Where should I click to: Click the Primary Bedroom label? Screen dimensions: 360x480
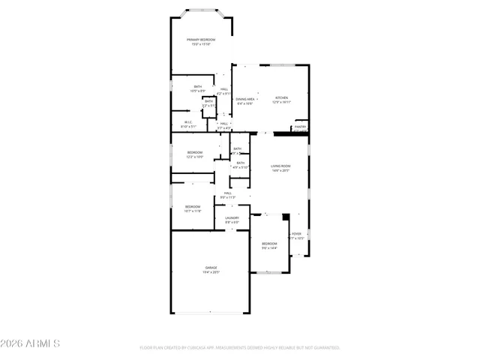point(201,39)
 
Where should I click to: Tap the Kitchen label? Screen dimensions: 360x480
point(281,98)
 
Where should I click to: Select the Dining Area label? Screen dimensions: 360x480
point(244,98)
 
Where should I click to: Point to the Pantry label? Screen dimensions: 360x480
point(300,127)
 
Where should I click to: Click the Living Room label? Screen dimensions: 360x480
point(280,166)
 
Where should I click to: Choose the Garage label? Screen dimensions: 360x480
point(211,267)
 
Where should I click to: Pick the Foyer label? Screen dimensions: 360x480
point(296,234)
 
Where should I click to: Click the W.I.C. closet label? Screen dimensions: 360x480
point(189,122)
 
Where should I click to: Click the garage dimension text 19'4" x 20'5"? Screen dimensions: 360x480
point(211,271)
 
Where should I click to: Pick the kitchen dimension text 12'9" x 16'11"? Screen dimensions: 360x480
point(281,102)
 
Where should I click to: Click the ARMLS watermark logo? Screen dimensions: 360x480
point(31,343)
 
